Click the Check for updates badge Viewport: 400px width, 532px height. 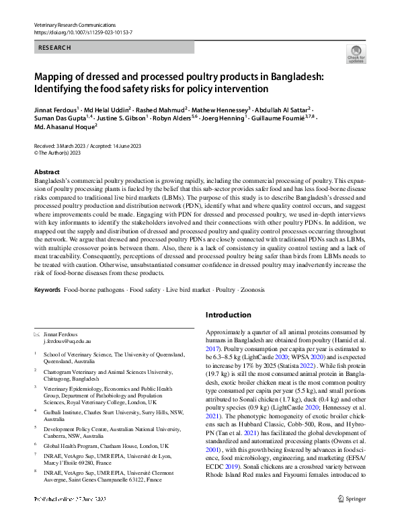pos(356,54)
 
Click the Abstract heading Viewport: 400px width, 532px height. pos(46,172)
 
